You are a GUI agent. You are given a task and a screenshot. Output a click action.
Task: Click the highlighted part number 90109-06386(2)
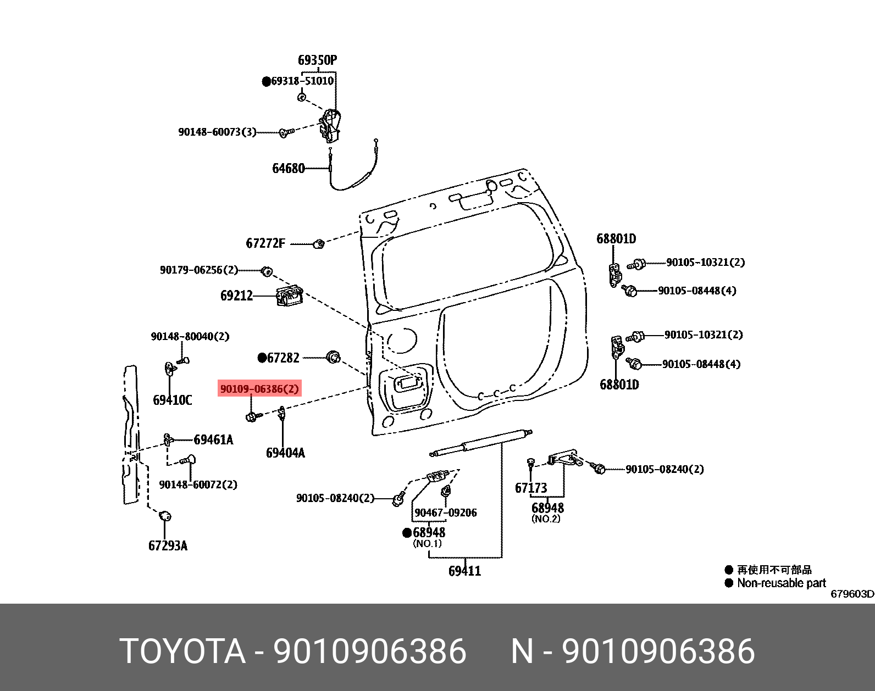click(x=259, y=389)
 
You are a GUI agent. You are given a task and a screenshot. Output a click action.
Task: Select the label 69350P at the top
click(x=317, y=60)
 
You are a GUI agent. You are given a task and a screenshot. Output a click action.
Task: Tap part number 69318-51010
click(x=302, y=81)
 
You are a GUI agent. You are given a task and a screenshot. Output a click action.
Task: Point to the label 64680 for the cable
click(x=288, y=168)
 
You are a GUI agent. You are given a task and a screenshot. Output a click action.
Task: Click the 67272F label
click(x=265, y=243)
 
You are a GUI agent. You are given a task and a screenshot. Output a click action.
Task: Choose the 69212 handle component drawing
click(x=289, y=296)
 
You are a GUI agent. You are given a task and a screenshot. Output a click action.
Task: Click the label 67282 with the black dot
click(x=283, y=358)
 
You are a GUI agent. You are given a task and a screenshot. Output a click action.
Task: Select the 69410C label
click(x=172, y=400)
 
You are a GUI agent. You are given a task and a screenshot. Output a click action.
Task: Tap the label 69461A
click(x=213, y=439)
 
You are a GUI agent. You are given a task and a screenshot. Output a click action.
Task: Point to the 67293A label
click(x=168, y=545)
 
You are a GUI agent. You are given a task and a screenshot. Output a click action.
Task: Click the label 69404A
click(x=285, y=453)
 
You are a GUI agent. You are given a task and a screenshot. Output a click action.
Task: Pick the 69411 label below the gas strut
click(x=464, y=571)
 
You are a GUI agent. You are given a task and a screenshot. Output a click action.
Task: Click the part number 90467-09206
click(x=445, y=512)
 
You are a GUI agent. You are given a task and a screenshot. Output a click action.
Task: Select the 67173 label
click(x=531, y=488)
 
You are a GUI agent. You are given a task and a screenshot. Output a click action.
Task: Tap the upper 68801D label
click(x=616, y=238)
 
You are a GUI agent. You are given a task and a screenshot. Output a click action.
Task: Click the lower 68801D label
click(x=619, y=384)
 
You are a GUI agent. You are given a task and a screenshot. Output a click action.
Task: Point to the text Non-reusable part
click(x=781, y=583)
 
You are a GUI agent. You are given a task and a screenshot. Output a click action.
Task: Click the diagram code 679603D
click(x=851, y=594)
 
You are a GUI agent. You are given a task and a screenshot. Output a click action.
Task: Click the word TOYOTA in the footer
click(x=182, y=651)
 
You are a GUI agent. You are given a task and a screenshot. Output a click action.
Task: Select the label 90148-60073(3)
click(x=217, y=132)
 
